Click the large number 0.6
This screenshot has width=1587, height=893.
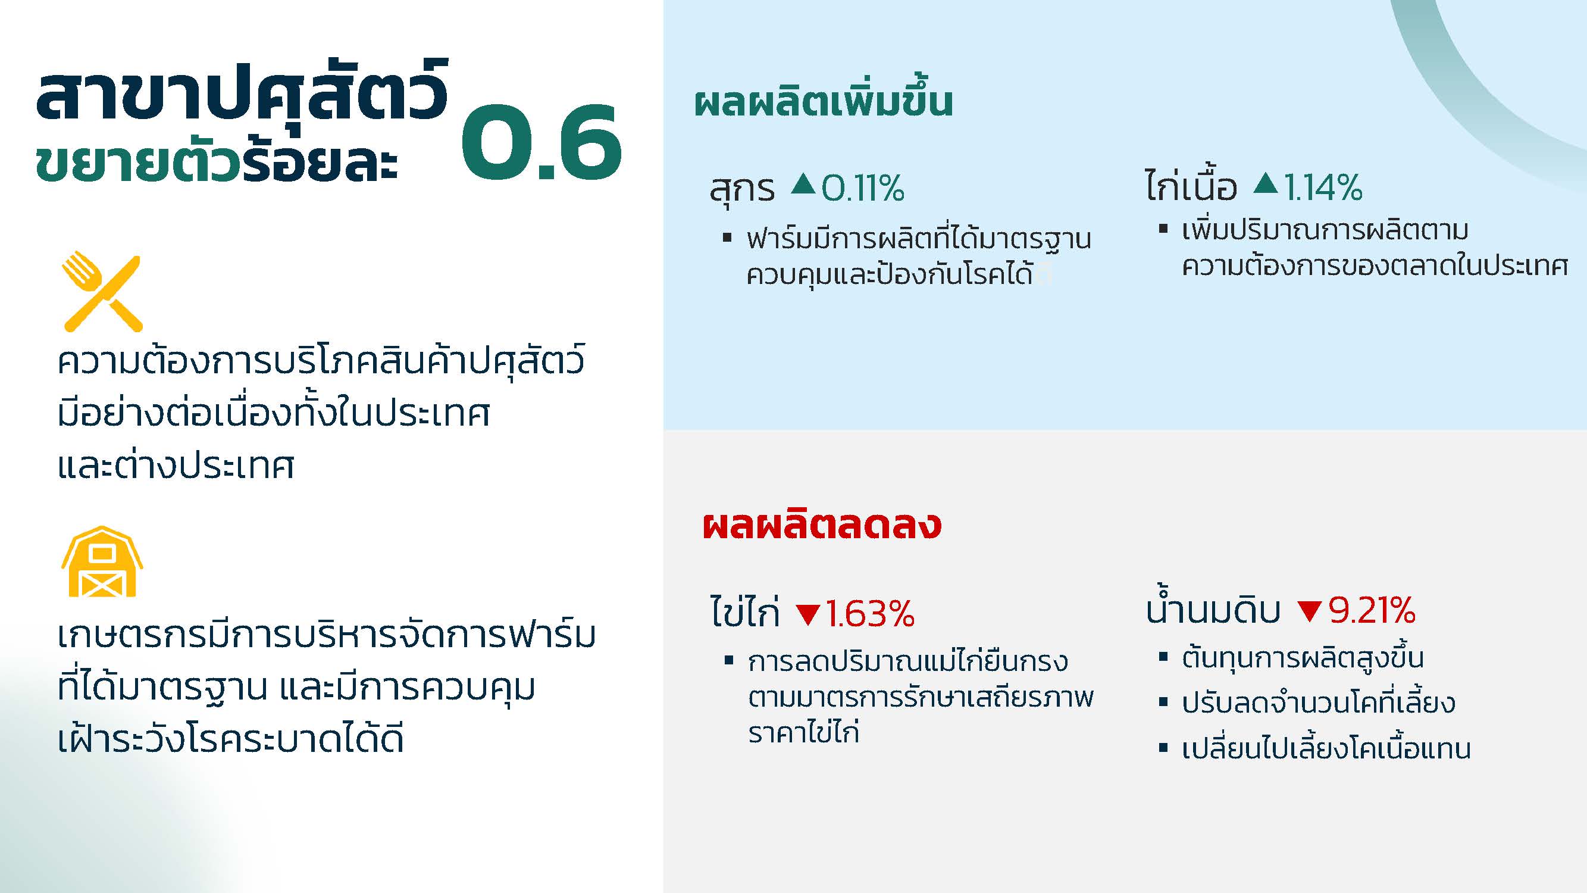541,142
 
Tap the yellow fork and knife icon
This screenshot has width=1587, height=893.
102,292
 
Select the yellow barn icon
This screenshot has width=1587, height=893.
102,561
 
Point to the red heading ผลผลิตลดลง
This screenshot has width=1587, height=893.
822,525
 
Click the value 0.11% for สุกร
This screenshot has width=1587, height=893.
862,188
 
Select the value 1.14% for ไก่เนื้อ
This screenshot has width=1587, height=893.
1323,188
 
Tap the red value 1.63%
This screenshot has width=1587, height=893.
869,614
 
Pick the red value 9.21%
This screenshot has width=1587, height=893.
1372,610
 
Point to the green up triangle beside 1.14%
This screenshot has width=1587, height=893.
1266,183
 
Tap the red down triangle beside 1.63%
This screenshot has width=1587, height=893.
807,614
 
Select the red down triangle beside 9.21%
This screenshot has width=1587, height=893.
1310,611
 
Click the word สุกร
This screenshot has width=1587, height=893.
742,189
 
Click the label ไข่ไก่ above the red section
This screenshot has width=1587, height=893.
745,611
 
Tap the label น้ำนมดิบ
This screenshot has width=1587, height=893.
1213,607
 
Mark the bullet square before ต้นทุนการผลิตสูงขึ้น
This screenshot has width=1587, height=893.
1163,657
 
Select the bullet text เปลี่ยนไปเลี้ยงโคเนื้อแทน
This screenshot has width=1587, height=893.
1326,747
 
